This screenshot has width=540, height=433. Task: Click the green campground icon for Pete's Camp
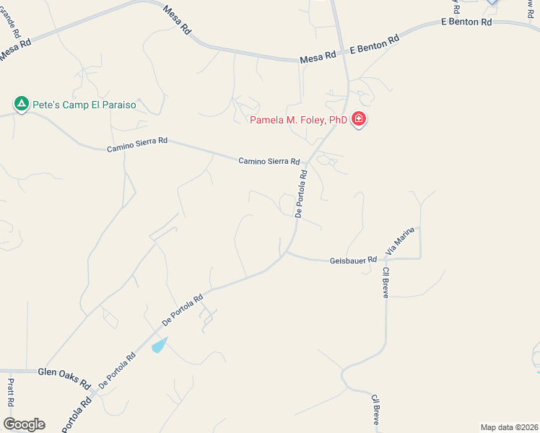pos(22,105)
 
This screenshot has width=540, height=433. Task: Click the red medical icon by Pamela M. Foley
pos(359,120)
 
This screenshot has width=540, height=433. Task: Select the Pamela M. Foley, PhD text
pos(299,120)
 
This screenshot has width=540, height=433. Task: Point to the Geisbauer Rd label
pos(353,260)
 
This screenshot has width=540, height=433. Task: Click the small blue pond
pos(160,345)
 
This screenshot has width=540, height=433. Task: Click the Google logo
pos(24,424)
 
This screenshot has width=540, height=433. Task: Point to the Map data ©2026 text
pos(508,427)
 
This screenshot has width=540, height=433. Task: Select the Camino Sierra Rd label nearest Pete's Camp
pos(137,144)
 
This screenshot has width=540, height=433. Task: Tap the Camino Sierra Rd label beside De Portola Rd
pos(269,161)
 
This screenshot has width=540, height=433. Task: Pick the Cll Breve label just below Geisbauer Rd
pos(386,283)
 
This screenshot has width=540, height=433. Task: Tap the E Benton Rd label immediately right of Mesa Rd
pos(374,45)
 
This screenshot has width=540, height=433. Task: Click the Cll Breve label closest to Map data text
pos(375,409)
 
